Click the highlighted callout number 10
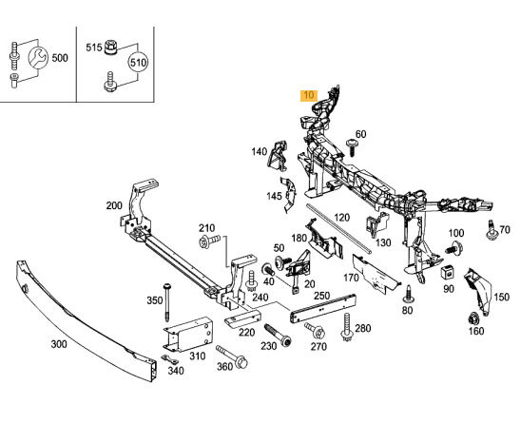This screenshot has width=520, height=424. [x=308, y=95]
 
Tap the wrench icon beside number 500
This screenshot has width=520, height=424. [x=38, y=58]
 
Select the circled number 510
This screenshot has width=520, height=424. [x=138, y=63]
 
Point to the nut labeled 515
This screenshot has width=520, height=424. [x=111, y=48]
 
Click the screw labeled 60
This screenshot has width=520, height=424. [x=351, y=147]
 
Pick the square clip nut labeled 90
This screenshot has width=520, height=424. [x=447, y=273]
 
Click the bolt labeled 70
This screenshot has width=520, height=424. [x=491, y=230]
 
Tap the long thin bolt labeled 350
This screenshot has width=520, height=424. [x=167, y=302]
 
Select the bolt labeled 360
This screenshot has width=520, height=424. [x=232, y=357]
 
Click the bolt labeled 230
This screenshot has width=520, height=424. [x=279, y=336]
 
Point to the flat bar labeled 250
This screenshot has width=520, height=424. [x=323, y=308]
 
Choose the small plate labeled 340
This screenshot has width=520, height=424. [x=170, y=359]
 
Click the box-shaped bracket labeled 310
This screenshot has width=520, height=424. [x=187, y=334]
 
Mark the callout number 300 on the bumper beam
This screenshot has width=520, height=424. [x=59, y=344]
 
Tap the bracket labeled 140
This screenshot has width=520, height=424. [x=278, y=155]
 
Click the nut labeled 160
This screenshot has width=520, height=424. [x=474, y=318]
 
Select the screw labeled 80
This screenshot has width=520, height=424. [x=408, y=295]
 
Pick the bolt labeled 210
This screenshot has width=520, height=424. [x=209, y=241]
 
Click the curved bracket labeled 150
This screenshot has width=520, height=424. [x=478, y=292]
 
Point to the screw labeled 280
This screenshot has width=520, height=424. [x=347, y=328]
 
